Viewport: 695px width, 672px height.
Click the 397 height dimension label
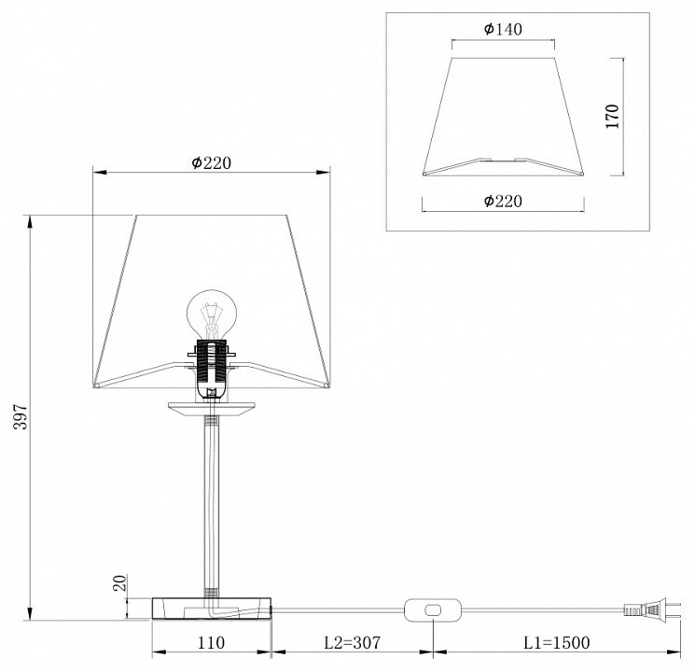coord(21,416)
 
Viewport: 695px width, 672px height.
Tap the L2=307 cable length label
coord(353,642)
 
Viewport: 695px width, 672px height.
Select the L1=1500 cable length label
coord(557,642)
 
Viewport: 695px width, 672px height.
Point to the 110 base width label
coord(211,642)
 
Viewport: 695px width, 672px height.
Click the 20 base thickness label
coord(119,582)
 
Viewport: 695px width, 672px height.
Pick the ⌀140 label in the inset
coord(503,29)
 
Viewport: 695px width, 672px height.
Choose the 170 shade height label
coord(612,117)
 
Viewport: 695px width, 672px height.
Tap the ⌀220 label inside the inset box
coord(503,202)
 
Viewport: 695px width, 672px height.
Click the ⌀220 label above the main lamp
coord(212,163)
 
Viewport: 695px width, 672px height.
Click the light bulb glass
coord(212,315)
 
